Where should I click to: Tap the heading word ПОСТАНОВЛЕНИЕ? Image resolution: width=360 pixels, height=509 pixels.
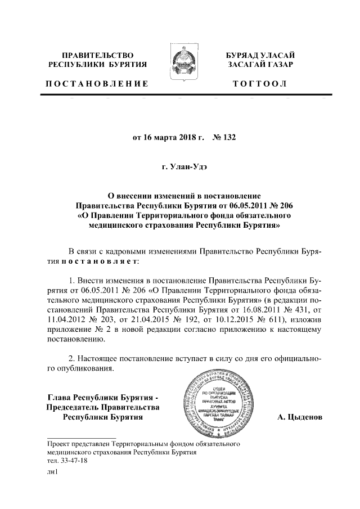(x=97, y=84)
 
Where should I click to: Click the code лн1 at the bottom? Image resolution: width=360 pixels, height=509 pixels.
(x=53, y=473)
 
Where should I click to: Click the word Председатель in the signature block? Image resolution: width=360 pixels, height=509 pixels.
(x=73, y=408)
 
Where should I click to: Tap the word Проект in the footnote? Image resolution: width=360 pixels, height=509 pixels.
(x=59, y=444)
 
